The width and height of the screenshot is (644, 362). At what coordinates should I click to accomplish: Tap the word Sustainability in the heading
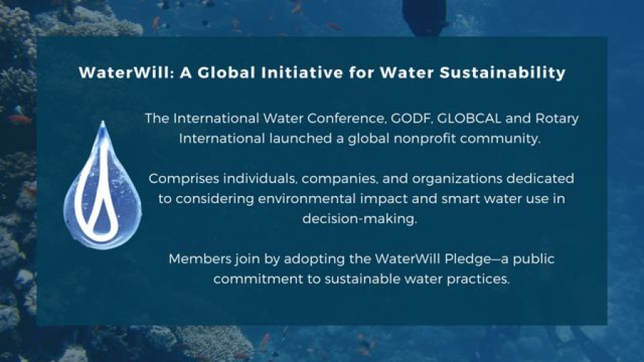tap(503, 73)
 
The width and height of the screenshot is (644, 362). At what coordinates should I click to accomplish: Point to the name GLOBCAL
tap(469, 118)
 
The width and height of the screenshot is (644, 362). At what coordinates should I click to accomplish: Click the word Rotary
tap(557, 119)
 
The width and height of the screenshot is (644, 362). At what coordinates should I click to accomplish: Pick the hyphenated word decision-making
tap(360, 219)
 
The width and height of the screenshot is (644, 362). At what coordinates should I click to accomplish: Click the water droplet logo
tap(102, 185)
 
